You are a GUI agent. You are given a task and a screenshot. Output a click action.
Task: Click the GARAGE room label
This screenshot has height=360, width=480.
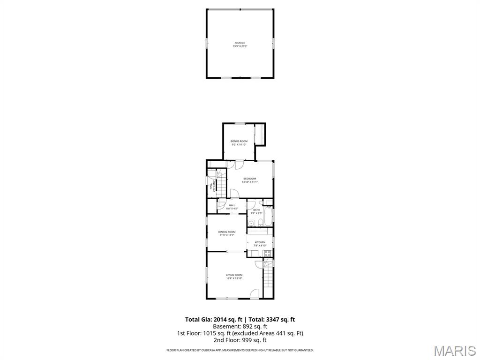pyautogui.click(x=240, y=43)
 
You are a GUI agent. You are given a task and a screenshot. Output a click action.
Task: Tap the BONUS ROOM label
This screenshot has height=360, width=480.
pyautogui.click(x=239, y=141)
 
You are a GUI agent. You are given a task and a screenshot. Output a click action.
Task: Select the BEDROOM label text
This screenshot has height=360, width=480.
pyautogui.click(x=249, y=178)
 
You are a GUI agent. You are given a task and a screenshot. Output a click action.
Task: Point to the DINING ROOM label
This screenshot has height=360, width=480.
pyautogui.click(x=227, y=232)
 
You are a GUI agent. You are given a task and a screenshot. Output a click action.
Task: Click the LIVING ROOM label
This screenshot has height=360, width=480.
pyautogui.click(x=234, y=275)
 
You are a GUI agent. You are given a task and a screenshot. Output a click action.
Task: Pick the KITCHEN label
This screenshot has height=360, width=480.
pyautogui.click(x=260, y=242)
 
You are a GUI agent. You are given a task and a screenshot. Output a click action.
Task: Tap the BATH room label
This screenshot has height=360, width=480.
pyautogui.click(x=256, y=210)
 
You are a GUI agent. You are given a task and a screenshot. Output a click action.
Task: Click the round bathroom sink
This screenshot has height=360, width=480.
pyautogui.click(x=251, y=224)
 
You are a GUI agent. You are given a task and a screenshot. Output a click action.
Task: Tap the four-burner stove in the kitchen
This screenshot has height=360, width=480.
pyautogui.click(x=268, y=253)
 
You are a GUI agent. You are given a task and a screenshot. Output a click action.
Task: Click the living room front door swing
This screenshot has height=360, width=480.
pyautogui.click(x=255, y=293)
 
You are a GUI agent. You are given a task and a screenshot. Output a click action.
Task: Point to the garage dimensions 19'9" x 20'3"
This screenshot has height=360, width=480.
pyautogui.click(x=240, y=46)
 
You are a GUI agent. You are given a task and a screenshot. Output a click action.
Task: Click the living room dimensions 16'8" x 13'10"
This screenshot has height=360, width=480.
pyautogui.click(x=234, y=278)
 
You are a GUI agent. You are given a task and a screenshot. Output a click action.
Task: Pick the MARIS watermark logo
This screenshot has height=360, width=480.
pyautogui.click(x=454, y=350)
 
